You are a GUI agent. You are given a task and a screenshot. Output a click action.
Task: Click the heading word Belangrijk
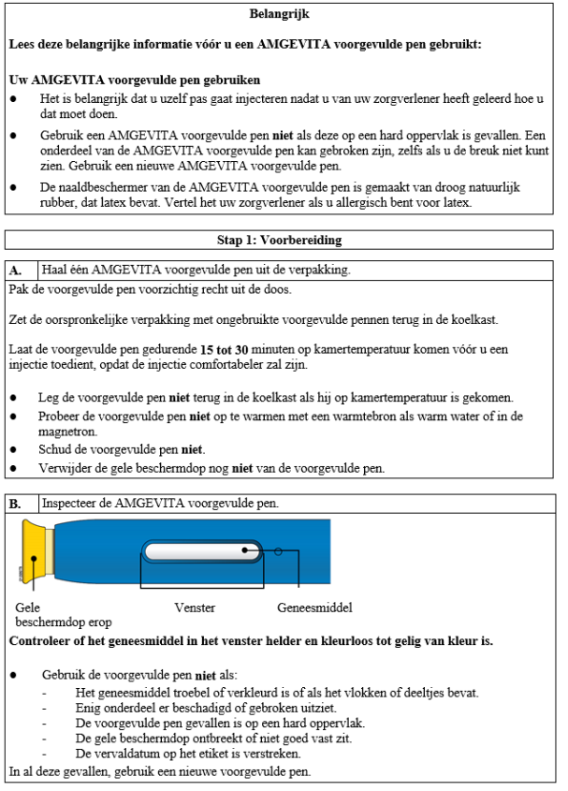[280, 15]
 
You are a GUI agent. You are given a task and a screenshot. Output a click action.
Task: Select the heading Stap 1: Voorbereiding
[280, 240]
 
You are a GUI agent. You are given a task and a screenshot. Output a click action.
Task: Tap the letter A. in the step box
[16, 270]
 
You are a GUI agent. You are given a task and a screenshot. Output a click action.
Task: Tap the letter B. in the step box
[16, 504]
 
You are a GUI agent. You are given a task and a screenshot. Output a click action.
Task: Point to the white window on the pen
[199, 550]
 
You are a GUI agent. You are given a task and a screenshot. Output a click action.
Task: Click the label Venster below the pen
[195, 608]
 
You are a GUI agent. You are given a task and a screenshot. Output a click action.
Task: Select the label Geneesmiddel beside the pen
[314, 608]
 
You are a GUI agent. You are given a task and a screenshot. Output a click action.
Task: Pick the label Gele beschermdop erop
[49, 614]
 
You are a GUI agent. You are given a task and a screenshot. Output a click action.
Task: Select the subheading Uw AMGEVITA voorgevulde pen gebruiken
[133, 81]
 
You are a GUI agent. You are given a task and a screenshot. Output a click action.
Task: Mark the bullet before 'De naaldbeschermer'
[13, 187]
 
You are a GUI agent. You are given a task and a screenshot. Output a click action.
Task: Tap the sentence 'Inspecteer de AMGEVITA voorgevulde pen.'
[159, 504]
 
